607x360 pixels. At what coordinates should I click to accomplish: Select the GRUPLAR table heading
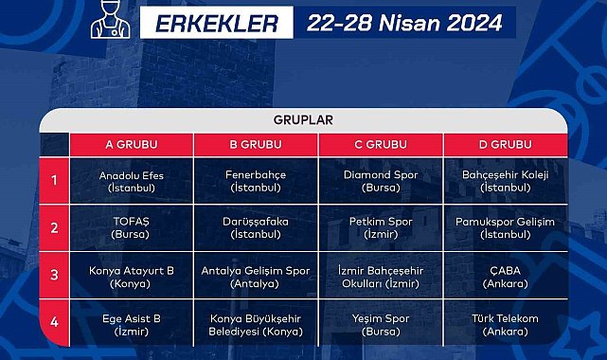[x=303, y=120]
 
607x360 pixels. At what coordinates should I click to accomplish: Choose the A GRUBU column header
[x=131, y=145]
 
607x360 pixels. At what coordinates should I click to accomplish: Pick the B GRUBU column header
[x=256, y=145]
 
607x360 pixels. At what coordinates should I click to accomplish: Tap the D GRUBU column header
[x=506, y=145]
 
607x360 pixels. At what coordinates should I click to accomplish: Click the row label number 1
[x=55, y=180]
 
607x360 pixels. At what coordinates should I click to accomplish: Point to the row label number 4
[x=55, y=322]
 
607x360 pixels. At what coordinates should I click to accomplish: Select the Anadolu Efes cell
[x=131, y=181]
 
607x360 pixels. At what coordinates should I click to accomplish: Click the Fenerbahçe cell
[x=256, y=181]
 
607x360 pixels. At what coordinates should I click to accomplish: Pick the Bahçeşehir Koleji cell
[x=506, y=181]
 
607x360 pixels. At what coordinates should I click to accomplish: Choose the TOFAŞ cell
[x=131, y=227]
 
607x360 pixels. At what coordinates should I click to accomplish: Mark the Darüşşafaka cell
[x=256, y=227]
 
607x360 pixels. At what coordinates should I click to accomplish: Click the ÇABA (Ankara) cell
[x=506, y=275]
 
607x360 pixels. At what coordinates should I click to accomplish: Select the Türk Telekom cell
[x=506, y=324]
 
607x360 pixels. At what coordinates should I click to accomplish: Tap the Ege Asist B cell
[x=131, y=324]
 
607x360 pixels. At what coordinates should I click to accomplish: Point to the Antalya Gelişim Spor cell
[x=256, y=275]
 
